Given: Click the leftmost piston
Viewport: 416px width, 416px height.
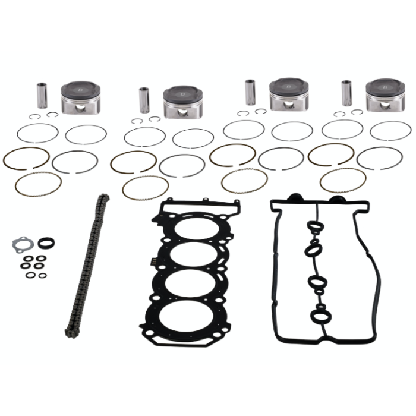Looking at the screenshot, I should (81, 97).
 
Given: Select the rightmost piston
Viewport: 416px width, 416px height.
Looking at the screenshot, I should (385, 94).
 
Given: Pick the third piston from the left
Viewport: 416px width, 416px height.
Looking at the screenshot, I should (288, 94).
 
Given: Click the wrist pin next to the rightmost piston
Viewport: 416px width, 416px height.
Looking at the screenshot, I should (347, 93).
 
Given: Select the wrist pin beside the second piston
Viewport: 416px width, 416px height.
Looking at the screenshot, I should (144, 100).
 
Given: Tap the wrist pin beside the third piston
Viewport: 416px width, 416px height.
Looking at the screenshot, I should (251, 92).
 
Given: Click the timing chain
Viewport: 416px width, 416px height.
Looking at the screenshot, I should (86, 264).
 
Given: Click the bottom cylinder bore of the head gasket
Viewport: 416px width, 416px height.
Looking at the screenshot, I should (187, 316).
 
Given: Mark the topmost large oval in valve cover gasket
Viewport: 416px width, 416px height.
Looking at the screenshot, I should (313, 228).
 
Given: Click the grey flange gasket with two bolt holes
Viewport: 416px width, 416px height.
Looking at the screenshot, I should (21, 244).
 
